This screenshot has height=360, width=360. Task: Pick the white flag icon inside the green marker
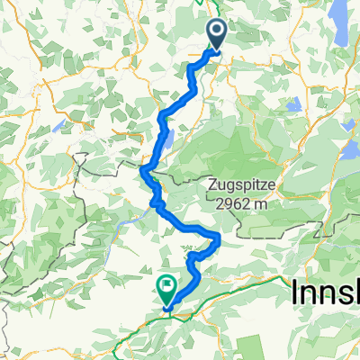[167, 287]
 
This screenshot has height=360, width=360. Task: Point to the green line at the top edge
[200, 3]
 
